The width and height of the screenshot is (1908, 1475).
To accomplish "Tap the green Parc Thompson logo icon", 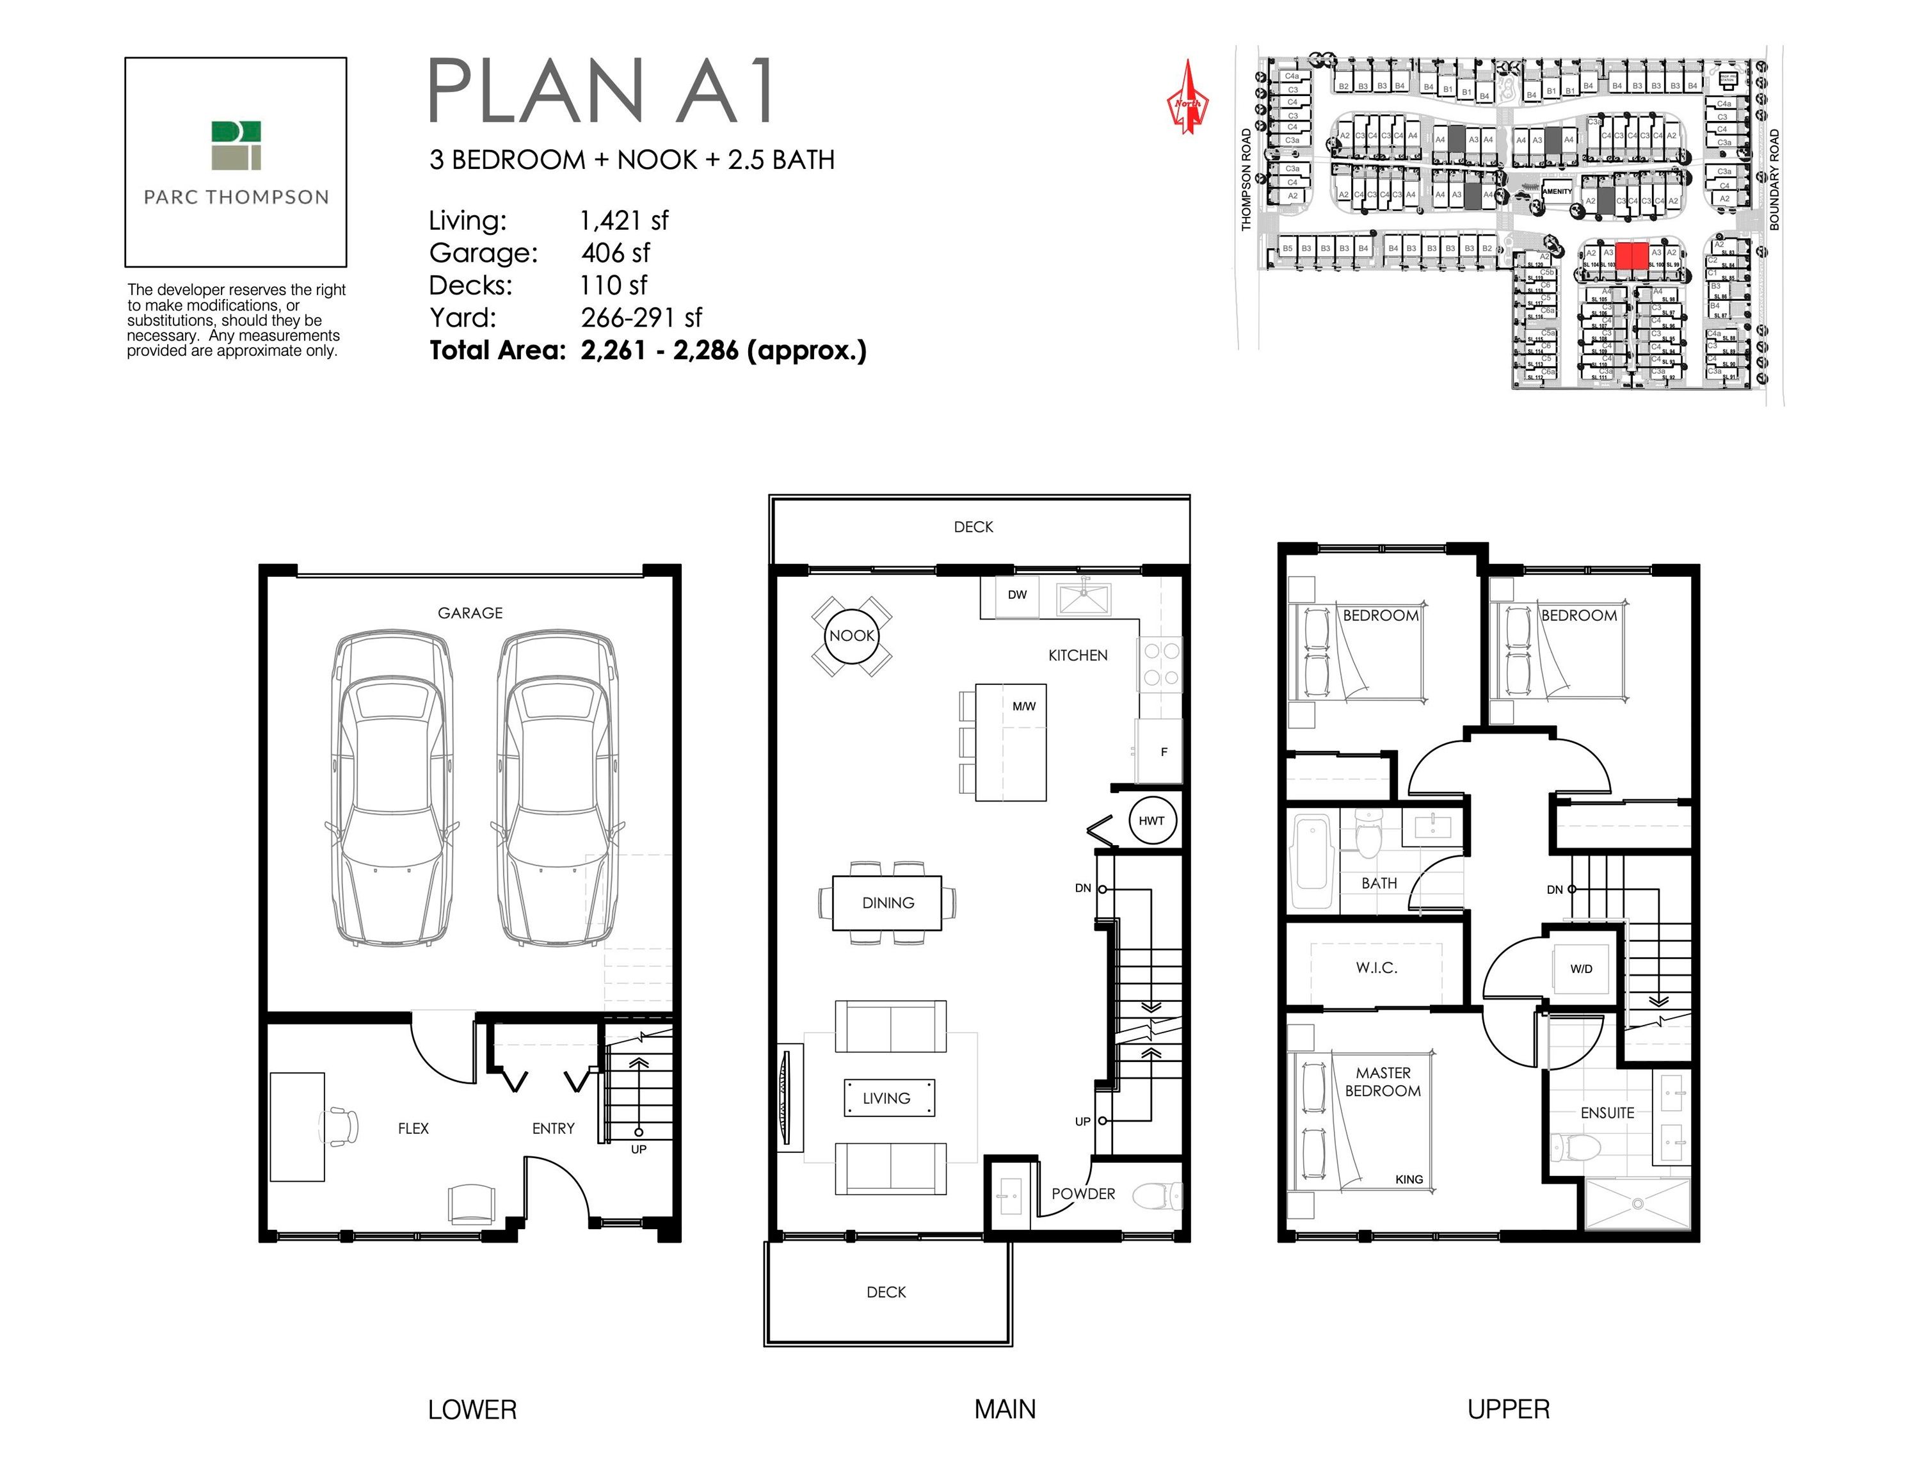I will [236, 145].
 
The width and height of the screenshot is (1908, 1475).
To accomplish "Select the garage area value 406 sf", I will [615, 254].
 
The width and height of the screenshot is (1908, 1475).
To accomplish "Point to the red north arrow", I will [1187, 99].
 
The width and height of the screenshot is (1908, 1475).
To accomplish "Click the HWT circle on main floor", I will [1151, 821].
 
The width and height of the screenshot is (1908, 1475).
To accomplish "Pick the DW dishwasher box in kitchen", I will [1017, 595].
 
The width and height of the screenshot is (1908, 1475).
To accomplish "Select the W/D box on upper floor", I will [1582, 968].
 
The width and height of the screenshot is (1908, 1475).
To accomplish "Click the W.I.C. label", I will [1376, 967].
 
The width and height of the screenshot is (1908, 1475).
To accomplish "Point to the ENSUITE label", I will [1607, 1113].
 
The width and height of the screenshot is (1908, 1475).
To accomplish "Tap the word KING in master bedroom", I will [1408, 1179].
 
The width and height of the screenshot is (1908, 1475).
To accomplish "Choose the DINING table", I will [888, 903].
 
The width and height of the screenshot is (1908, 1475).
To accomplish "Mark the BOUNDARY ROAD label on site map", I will [1774, 180].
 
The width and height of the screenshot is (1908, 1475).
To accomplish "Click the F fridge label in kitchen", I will [1164, 752].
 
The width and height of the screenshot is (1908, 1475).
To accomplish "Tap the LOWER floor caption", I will [472, 1410].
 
